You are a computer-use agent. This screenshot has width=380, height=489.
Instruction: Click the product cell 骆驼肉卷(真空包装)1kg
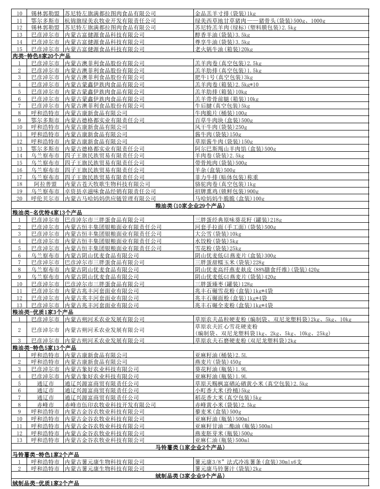tap(225, 184)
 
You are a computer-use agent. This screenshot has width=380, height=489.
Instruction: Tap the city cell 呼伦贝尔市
tap(46, 198)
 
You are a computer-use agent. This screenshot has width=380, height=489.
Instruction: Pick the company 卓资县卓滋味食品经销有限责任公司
tap(111, 191)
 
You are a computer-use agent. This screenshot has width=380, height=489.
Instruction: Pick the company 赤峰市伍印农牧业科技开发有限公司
tap(113, 404)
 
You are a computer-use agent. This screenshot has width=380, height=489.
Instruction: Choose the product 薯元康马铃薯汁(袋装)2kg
tap(228, 468)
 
